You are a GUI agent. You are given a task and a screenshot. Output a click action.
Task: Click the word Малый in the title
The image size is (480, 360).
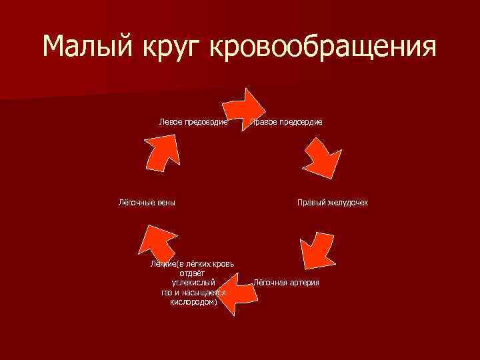(x=89, y=47)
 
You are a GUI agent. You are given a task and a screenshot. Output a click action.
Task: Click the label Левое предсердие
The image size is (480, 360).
(x=194, y=122)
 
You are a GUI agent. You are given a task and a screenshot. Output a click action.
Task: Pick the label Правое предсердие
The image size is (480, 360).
(x=287, y=122)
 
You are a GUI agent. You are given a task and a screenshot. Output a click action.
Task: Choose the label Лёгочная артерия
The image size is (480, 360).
(x=287, y=283)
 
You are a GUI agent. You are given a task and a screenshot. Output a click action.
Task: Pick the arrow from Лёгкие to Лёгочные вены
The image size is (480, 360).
(x=156, y=244)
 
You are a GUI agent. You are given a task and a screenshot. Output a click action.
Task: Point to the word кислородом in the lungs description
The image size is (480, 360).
(x=193, y=301)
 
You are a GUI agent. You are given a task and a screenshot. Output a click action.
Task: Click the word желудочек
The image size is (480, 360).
(x=347, y=202)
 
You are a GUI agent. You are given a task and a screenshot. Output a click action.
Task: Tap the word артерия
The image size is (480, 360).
(x=303, y=283)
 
